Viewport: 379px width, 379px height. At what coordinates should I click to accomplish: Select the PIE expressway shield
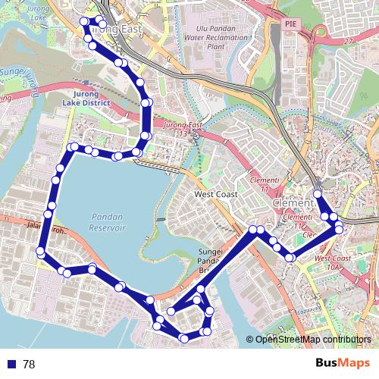point(290,24)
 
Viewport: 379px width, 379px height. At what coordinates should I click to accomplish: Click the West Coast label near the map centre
point(216,195)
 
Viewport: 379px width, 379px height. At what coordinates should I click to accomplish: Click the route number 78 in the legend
point(30,364)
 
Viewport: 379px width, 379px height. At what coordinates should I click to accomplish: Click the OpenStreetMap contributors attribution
point(312,340)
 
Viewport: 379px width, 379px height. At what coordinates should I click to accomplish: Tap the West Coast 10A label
point(328,263)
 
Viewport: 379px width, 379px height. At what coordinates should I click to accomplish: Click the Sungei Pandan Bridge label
point(208,260)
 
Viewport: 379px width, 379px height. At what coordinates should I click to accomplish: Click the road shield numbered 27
point(348,40)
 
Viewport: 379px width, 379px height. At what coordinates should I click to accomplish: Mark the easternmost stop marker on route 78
point(339,228)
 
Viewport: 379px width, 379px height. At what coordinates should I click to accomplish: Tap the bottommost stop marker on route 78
point(184,337)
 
